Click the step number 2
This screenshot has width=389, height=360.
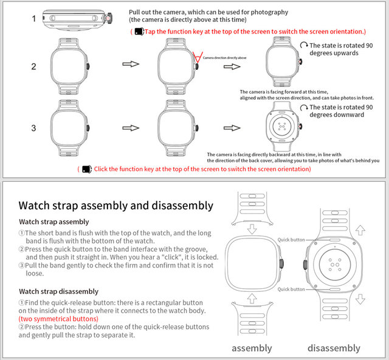(x=35, y=65)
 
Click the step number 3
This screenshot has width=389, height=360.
(x=35, y=127)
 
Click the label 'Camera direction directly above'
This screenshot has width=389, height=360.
(x=224, y=57)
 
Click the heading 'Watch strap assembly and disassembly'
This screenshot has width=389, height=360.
(x=116, y=206)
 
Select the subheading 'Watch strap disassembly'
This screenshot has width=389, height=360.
(x=58, y=291)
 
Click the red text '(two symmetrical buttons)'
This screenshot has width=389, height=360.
(x=58, y=319)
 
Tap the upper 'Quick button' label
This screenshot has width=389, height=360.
(x=291, y=240)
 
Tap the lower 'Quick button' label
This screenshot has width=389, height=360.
(x=291, y=289)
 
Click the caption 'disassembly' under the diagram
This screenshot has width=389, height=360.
(x=334, y=348)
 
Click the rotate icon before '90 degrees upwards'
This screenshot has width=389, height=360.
(x=303, y=46)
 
